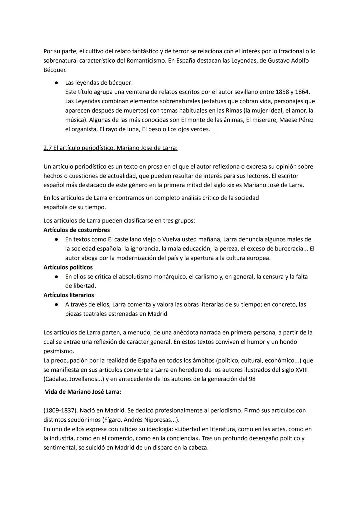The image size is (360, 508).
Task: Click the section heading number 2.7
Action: [48, 148]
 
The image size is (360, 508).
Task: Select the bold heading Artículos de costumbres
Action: [77, 230]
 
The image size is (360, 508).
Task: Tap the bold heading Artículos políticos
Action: [68, 267]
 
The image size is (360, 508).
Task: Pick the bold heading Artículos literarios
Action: [69, 295]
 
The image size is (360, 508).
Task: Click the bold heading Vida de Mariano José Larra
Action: [83, 392]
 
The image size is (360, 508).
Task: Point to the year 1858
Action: [283, 92]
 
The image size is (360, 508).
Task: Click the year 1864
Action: [302, 92]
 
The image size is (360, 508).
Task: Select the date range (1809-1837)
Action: [60, 410]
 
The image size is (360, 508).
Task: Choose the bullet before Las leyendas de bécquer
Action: [57, 83]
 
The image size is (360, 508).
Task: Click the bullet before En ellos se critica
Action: [57, 277]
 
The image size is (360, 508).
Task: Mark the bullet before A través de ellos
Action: [57, 304]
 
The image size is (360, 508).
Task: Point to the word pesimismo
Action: [59, 351]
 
